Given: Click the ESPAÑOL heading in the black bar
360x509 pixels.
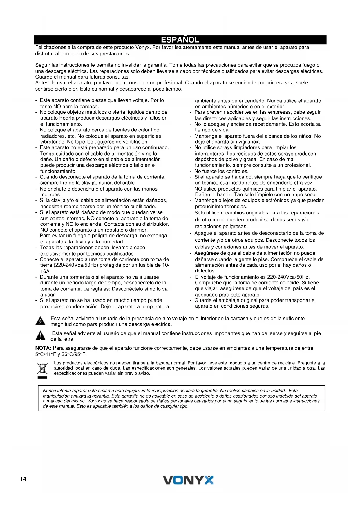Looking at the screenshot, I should point(180,40).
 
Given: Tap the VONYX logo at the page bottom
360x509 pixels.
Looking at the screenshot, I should point(188,480).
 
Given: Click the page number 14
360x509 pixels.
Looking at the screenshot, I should point(23,479).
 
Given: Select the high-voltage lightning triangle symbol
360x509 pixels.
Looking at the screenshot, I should point(40,321).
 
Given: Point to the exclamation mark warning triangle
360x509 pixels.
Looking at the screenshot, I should point(40,336).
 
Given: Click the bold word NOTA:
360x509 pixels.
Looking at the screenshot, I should point(43,348).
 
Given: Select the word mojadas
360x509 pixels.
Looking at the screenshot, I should point(50,194).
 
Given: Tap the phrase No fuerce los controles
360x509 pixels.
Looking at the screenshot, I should point(221,171).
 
